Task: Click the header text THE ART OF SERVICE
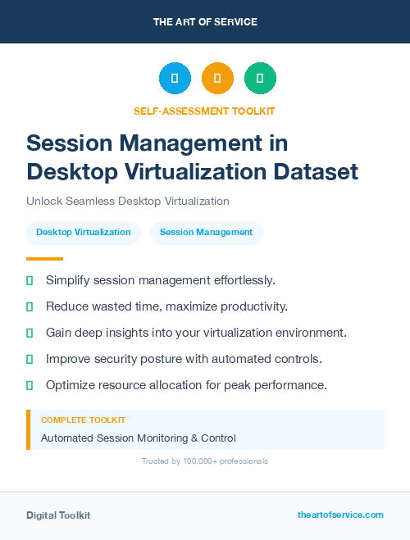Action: (205, 22)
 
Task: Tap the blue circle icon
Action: (175, 79)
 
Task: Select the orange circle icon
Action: (217, 79)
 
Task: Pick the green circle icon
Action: (260, 79)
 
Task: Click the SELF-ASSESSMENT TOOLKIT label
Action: (204, 111)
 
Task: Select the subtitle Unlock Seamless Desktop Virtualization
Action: (127, 201)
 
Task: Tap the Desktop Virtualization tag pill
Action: (83, 233)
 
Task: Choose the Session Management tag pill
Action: (206, 233)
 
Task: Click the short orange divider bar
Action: (44, 258)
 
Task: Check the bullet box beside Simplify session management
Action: (30, 280)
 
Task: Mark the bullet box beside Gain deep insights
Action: (30, 333)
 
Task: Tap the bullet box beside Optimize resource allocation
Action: (30, 385)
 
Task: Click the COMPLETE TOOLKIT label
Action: (83, 420)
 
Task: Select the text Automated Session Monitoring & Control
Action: (138, 438)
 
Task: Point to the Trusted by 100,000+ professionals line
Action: (204, 461)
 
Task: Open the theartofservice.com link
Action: (340, 515)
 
